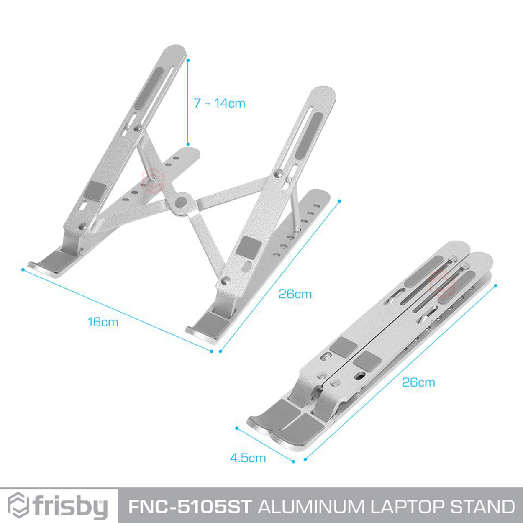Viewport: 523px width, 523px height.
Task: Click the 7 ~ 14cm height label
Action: point(220,103)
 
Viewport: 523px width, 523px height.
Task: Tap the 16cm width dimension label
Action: point(103,322)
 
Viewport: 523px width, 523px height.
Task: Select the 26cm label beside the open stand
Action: point(295,294)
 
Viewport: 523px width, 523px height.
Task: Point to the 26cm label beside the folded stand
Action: point(418,382)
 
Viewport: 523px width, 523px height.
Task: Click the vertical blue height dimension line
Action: point(187,101)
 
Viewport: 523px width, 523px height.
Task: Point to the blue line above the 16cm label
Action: point(117,310)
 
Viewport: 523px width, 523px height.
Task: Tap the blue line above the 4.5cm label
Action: point(265,418)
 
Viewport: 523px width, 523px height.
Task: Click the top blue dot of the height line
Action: point(187,58)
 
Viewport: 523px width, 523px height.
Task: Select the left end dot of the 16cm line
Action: point(23,269)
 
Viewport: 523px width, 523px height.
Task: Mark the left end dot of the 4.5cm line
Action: point(237,403)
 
